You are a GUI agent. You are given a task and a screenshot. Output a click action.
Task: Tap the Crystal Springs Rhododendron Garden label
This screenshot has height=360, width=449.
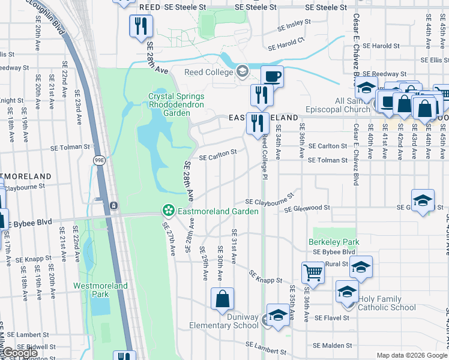[176, 104]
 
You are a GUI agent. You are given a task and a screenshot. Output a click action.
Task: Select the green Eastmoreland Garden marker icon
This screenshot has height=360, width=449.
[169, 211]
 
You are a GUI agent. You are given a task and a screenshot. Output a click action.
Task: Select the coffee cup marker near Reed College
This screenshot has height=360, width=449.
[271, 76]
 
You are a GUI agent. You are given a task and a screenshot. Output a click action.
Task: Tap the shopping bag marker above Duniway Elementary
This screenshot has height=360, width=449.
[222, 298]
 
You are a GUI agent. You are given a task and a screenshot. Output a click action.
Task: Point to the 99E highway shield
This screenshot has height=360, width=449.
[98, 160]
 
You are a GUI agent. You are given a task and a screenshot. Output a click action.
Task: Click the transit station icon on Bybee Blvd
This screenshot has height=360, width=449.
[113, 206]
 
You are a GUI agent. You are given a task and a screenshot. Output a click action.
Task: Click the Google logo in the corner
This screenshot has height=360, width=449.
[19, 353]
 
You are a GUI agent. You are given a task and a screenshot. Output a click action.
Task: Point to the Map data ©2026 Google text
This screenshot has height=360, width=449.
[411, 355]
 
